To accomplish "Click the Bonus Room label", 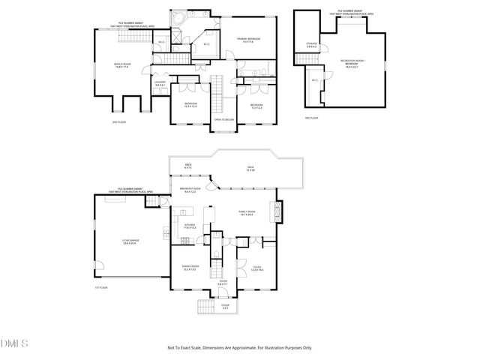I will pos(122,66).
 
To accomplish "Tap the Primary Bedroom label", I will pos(248,40).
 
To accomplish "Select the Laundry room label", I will pos(160,84).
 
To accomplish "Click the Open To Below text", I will pos(224,119).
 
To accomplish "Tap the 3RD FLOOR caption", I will pos(311,118).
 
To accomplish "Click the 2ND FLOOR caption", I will pos(117,120).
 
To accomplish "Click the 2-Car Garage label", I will pos(130,241).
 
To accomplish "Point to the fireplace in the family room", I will pos(277,211).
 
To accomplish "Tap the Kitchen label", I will pos(190,226).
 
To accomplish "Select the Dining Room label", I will pos(190,268).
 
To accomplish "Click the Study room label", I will pos(256,268).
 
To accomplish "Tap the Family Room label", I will pos(246,213).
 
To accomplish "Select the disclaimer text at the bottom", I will pos(239,348).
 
